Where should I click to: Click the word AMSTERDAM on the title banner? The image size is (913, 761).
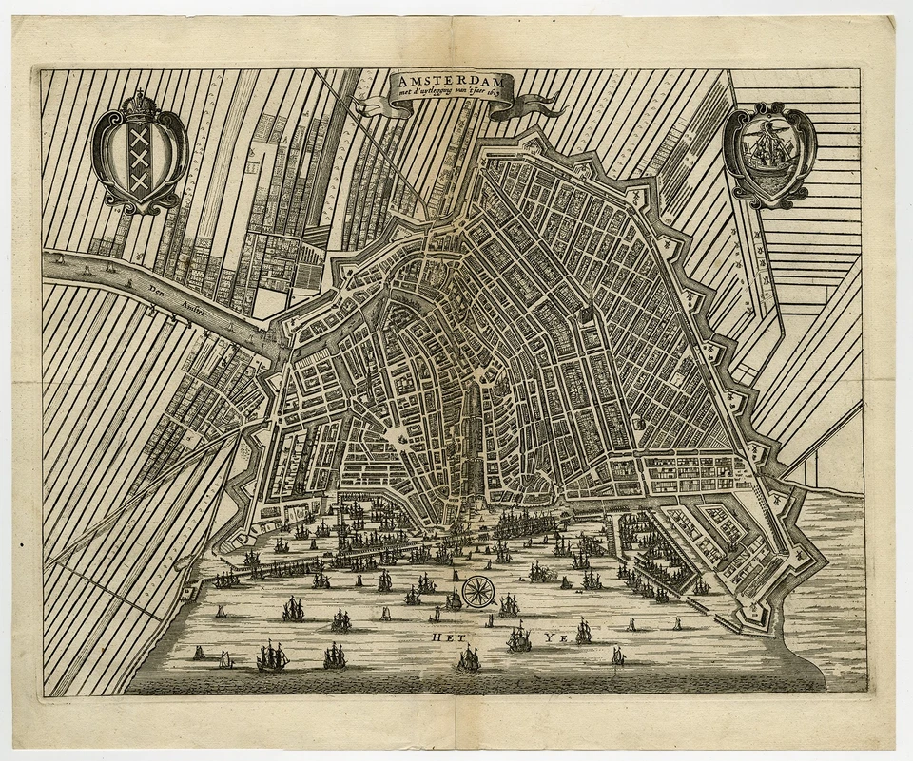tap(451, 82)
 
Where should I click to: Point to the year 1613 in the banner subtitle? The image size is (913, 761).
tap(495, 95)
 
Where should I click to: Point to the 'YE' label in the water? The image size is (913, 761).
tap(554, 639)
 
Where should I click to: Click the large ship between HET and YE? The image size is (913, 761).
tap(518, 637)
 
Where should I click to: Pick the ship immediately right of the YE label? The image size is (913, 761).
tap(583, 631)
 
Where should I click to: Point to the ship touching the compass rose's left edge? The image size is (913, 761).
tap(455, 599)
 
